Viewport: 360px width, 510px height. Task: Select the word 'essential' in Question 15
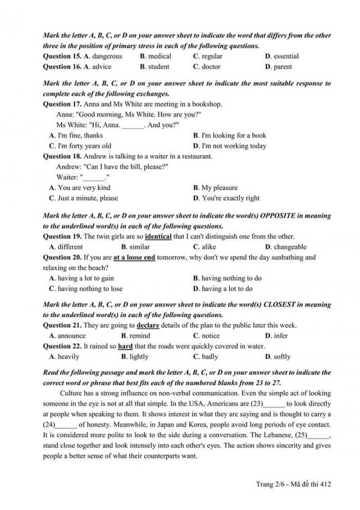[286, 57]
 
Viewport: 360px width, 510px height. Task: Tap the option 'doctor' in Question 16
[211, 67]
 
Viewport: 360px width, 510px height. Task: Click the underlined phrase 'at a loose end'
[134, 258]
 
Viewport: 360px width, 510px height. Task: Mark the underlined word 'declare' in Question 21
[148, 325]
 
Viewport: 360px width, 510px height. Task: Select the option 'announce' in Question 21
[71, 336]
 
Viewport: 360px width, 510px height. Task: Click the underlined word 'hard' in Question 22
[125, 346]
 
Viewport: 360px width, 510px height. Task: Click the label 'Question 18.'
[62, 156]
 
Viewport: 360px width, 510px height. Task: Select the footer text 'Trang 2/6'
[270, 484]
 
